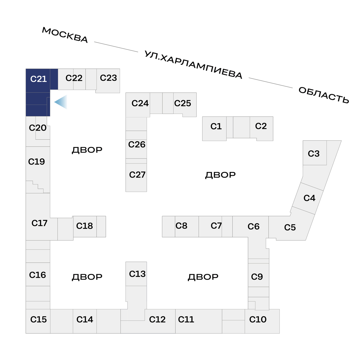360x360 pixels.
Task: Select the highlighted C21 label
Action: click(38, 79)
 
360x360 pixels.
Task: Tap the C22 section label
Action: click(74, 78)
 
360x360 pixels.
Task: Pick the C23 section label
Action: click(108, 78)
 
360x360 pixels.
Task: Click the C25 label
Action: click(182, 103)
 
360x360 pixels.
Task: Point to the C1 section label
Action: click(216, 126)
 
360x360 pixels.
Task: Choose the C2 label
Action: click(261, 126)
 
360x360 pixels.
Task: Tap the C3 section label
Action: click(314, 154)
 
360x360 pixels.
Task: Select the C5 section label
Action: click(290, 227)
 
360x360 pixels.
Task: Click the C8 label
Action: click(181, 226)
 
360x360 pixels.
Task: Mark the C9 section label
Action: click(257, 277)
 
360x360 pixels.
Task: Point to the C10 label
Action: click(258, 319)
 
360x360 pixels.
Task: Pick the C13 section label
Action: click(137, 274)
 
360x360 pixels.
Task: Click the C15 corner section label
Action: click(38, 319)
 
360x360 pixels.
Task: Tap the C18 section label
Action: click(84, 226)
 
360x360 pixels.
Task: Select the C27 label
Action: click(137, 175)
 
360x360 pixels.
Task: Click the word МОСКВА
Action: click(65, 35)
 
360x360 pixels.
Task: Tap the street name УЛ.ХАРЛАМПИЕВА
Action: click(193, 65)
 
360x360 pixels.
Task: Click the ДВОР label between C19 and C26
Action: click(87, 150)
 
